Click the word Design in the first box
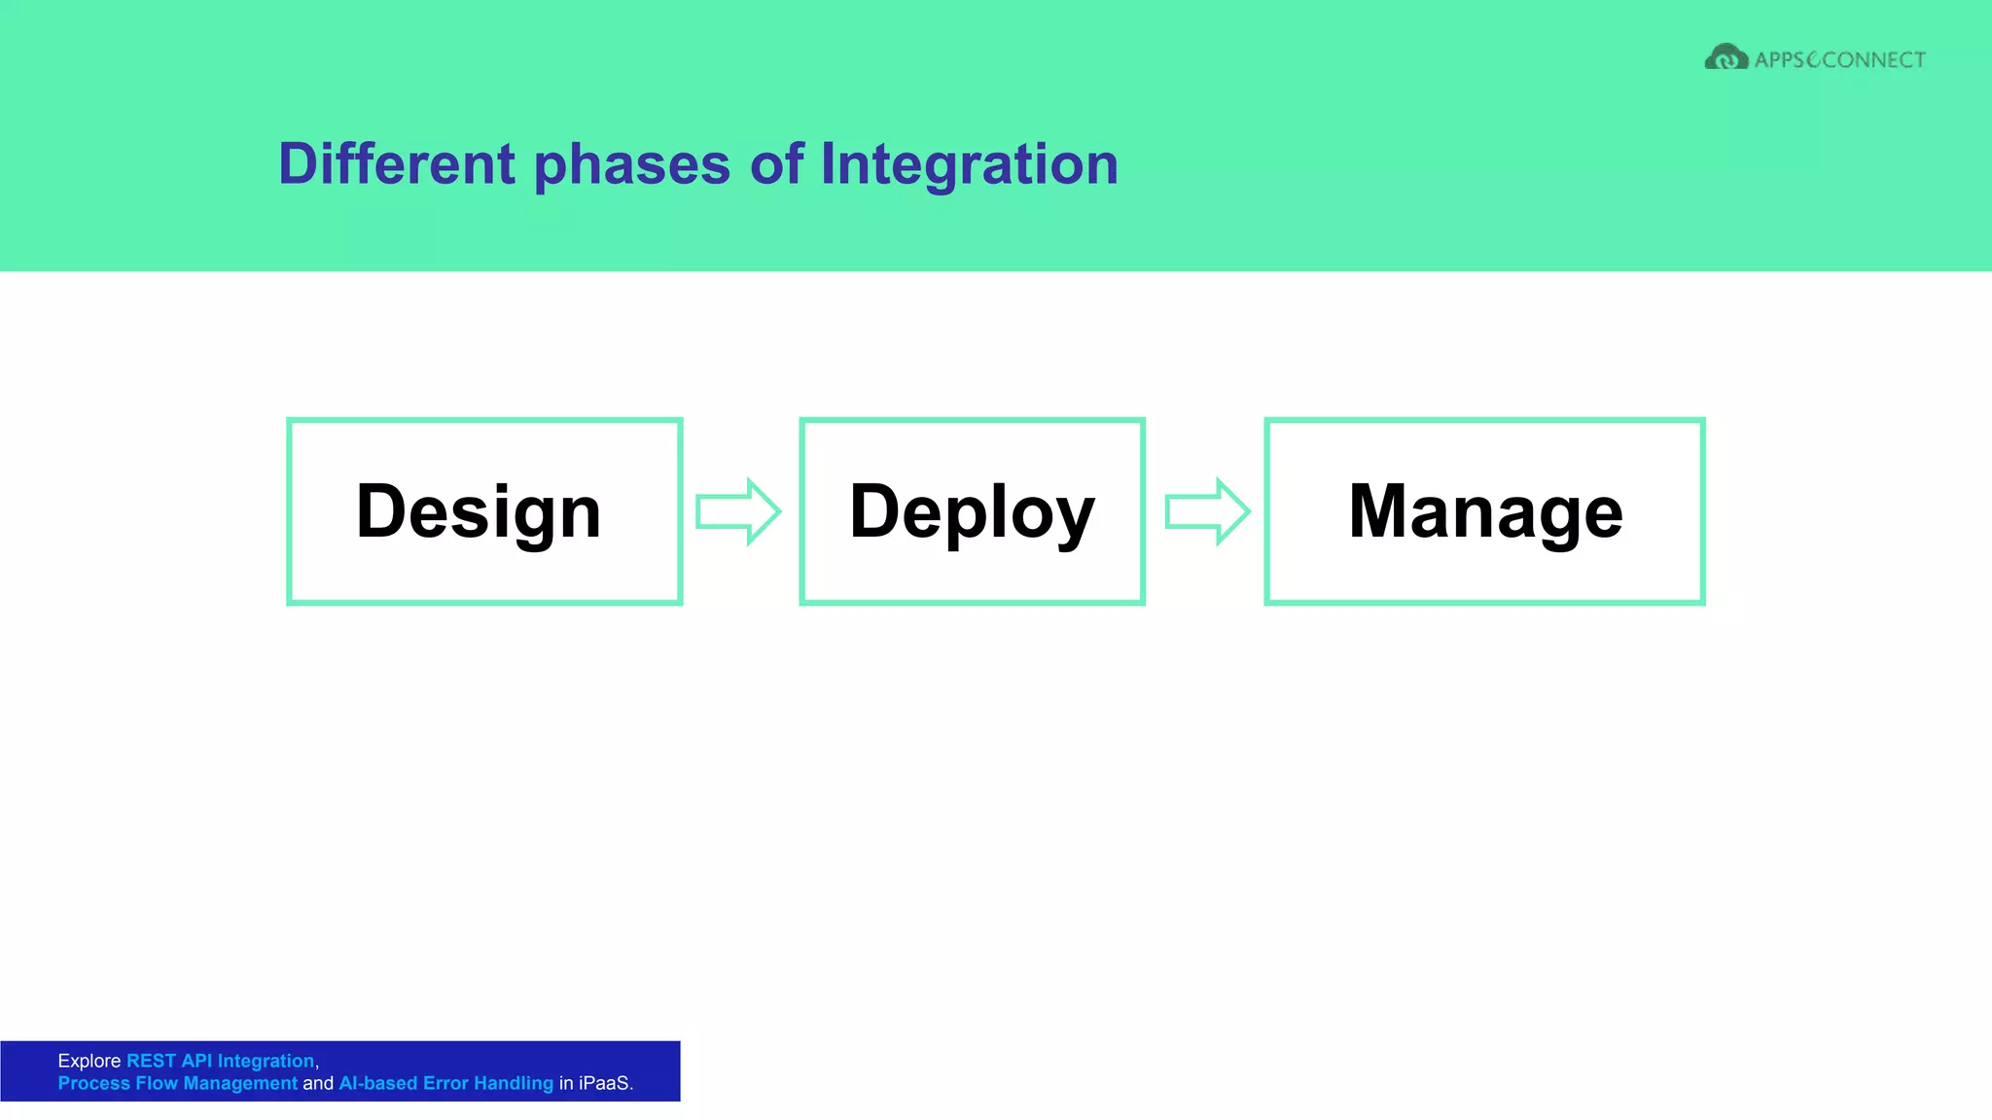click(x=479, y=511)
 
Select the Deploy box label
click(x=972, y=511)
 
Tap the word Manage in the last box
click(x=1485, y=511)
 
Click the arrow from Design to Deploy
click(x=738, y=511)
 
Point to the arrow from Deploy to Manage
click(x=1207, y=511)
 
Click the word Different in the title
click(x=396, y=163)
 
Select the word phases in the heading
click(x=632, y=163)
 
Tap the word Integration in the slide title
click(x=969, y=163)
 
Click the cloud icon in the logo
click(x=1725, y=58)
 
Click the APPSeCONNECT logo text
click(x=1839, y=60)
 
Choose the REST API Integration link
click(x=220, y=1061)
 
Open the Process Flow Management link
click(x=177, y=1083)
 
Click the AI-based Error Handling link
click(x=445, y=1083)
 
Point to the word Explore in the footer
click(x=89, y=1061)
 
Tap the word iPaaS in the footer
click(x=604, y=1083)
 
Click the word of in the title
click(x=776, y=163)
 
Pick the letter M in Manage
click(x=1375, y=511)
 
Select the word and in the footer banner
click(x=318, y=1083)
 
